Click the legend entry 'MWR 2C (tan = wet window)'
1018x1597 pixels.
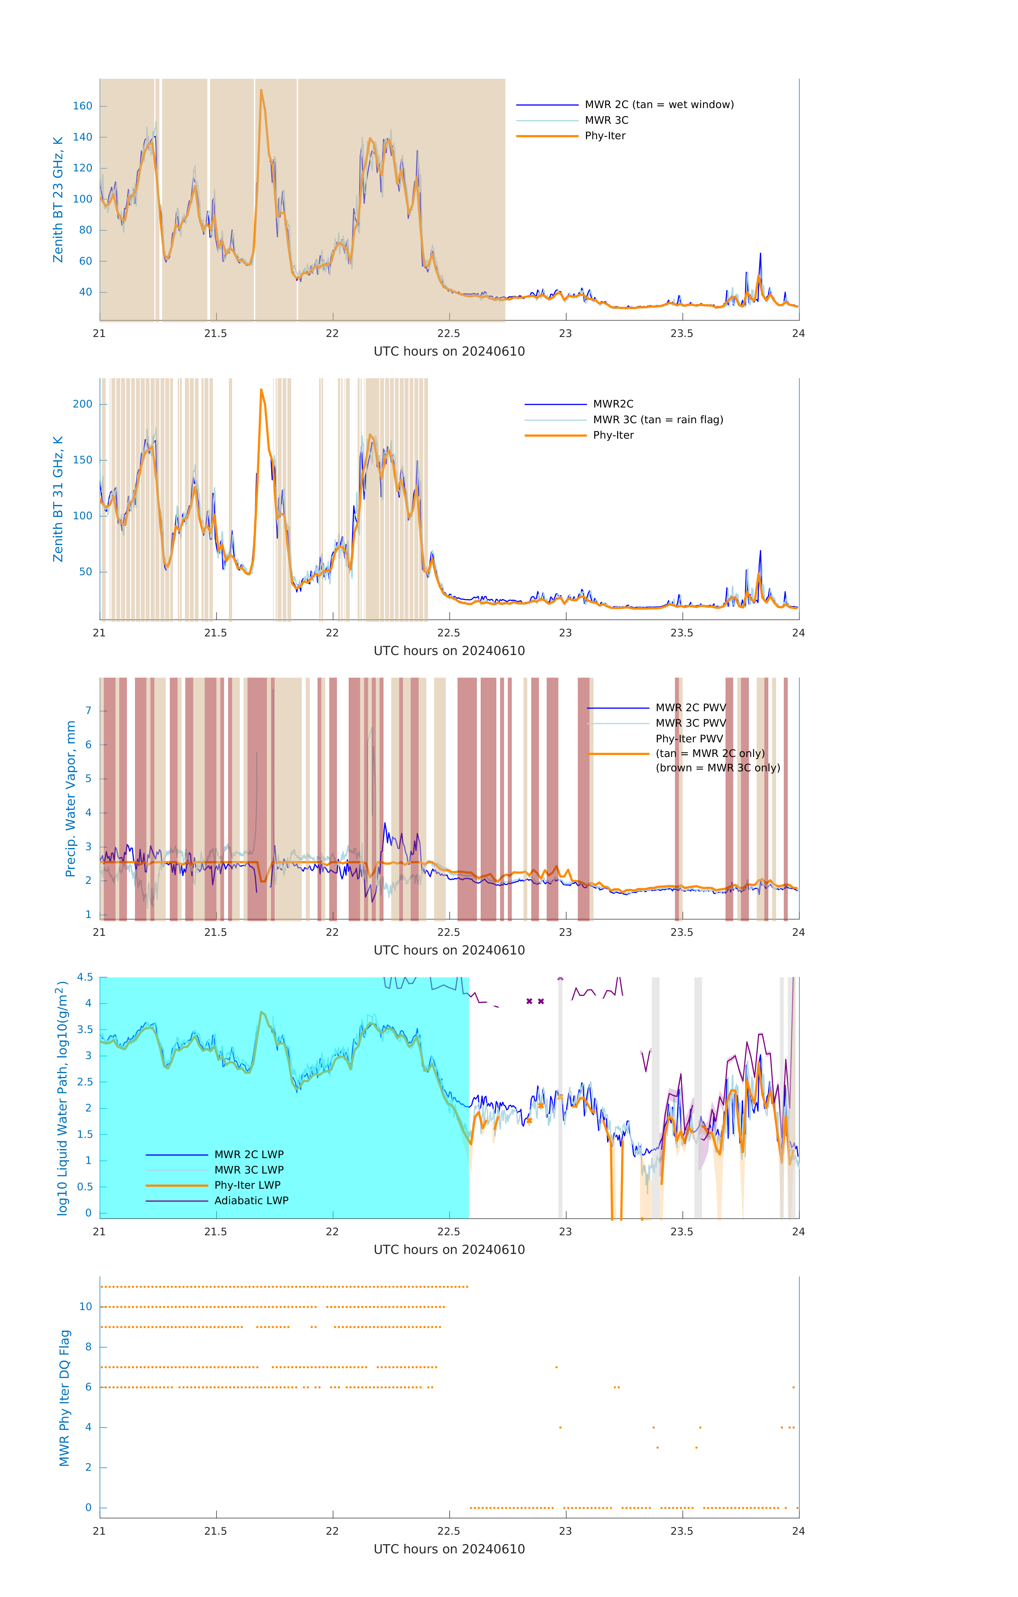pyautogui.click(x=658, y=105)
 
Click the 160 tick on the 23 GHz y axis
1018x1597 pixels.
pyautogui.click(x=83, y=106)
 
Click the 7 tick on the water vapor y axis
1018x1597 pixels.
pyautogui.click(x=88, y=711)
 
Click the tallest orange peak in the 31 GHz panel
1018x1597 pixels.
pyautogui.click(x=261, y=390)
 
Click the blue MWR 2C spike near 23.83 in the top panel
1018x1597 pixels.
pyautogui.click(x=760, y=254)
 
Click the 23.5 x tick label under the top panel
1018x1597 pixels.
pyautogui.click(x=682, y=334)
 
